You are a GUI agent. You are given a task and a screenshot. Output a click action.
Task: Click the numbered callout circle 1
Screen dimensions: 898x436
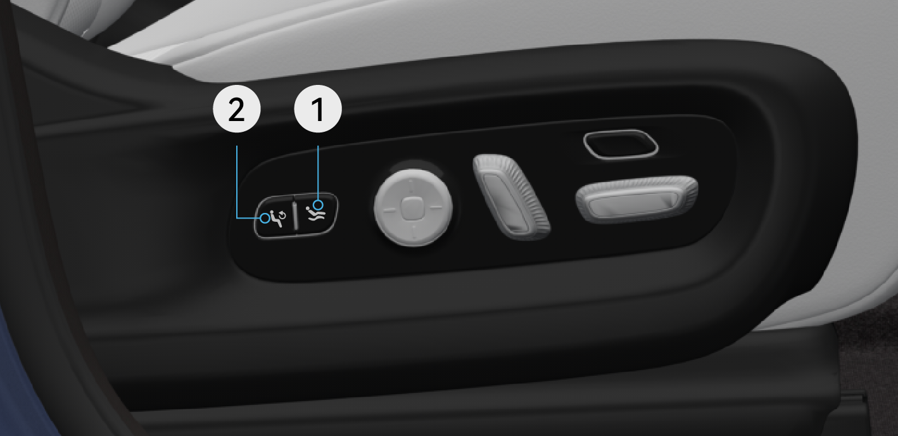pos(318,109)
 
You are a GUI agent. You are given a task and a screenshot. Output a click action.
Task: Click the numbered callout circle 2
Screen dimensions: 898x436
pos(236,109)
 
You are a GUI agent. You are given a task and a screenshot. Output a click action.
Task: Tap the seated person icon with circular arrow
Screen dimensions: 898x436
pos(277,219)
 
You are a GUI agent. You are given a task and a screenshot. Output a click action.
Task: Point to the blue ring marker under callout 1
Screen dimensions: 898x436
pos(319,205)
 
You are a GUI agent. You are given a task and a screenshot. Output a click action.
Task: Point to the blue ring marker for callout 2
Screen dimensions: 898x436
pos(265,218)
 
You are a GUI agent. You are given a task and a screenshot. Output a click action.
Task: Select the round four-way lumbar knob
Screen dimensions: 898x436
pos(414,207)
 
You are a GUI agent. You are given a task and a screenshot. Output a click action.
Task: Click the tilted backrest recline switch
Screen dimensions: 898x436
pos(511,196)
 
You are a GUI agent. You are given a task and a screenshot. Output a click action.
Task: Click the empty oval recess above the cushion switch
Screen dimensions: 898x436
pos(621,144)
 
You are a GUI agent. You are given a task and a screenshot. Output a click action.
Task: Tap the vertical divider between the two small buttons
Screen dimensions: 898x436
pos(296,216)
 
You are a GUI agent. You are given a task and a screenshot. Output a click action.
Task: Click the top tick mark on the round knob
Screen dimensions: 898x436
pos(410,185)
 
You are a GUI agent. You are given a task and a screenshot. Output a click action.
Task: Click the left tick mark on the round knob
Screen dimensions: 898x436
pos(389,209)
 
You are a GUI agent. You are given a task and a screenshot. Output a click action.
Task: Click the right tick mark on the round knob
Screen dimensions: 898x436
pos(436,208)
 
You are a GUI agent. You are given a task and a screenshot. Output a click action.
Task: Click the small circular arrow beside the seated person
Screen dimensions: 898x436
pos(282,215)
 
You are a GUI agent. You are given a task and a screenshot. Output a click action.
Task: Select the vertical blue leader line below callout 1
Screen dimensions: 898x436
pos(318,172)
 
